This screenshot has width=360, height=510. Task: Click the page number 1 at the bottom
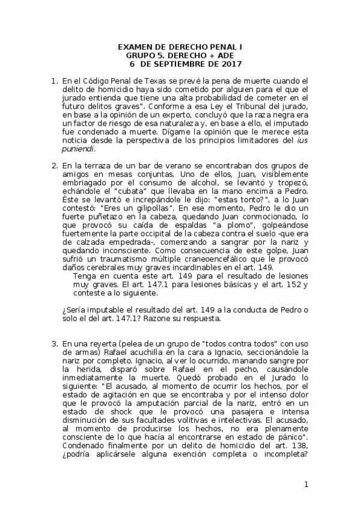coord(306,485)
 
